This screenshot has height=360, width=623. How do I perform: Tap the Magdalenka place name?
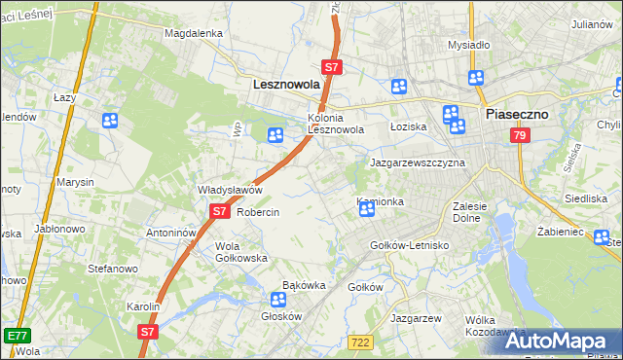point(194,32)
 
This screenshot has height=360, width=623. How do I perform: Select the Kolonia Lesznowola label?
point(336,122)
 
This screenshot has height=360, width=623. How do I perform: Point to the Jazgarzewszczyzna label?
point(417,163)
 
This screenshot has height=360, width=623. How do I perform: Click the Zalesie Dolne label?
point(476,212)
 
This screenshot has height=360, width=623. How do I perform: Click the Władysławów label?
point(231,190)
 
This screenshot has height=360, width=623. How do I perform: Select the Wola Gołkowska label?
point(241,252)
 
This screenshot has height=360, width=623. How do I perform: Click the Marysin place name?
point(75,182)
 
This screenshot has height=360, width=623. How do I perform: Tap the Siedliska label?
point(586,198)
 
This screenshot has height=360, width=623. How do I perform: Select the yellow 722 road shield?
point(360,342)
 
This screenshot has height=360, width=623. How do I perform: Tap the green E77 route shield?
point(16,335)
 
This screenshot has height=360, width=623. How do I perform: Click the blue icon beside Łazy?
point(109,121)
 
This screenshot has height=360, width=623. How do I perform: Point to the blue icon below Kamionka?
point(367,209)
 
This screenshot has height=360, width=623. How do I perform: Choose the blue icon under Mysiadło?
point(476,79)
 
